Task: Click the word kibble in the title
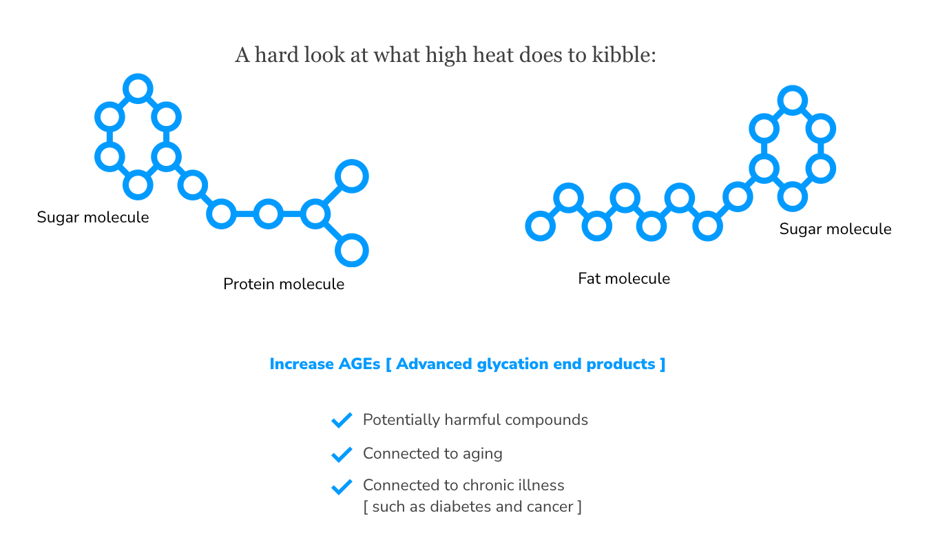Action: click(x=624, y=55)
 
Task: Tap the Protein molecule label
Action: click(x=284, y=284)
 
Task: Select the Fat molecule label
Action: click(x=624, y=279)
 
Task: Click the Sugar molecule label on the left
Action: click(x=92, y=218)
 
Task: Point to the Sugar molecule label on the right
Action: click(x=835, y=229)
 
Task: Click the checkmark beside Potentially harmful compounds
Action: click(x=342, y=420)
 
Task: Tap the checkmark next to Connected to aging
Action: click(x=342, y=455)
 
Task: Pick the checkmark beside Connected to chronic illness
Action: click(x=342, y=486)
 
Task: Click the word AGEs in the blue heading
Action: click(x=359, y=364)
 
